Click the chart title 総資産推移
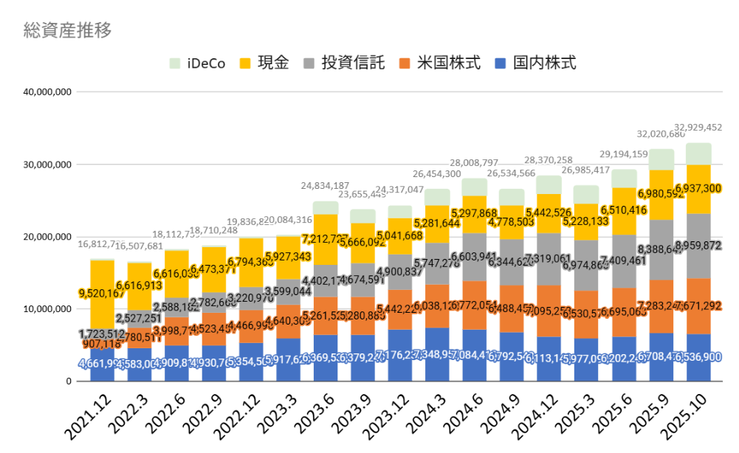point(68,30)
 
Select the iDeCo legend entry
point(198,63)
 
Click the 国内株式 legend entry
point(535,63)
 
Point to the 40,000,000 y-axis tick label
point(47,92)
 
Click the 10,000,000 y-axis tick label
point(47,309)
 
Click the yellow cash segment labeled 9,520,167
point(103,294)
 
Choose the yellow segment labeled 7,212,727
point(326,240)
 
